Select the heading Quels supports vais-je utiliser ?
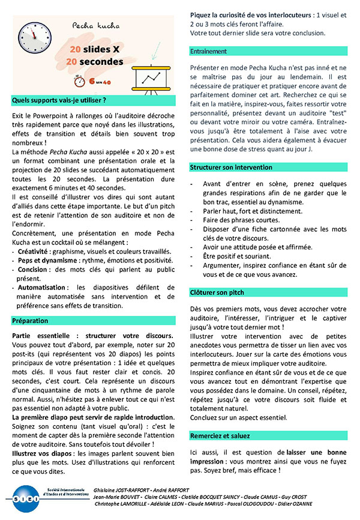(59, 100)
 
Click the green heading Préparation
(31, 321)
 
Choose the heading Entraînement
(208, 52)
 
